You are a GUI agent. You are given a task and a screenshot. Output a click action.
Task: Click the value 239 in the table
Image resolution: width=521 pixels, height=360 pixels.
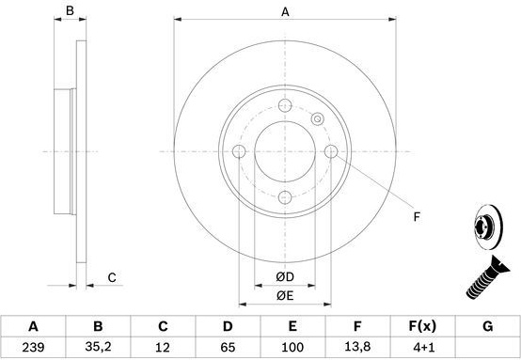[33, 348]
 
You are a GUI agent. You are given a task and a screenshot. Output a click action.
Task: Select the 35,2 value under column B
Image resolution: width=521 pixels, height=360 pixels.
[98, 347]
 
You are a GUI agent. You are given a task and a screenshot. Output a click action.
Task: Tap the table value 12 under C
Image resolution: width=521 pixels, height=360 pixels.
[163, 348]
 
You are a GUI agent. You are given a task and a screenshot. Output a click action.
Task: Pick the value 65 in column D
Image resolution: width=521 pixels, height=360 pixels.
[228, 348]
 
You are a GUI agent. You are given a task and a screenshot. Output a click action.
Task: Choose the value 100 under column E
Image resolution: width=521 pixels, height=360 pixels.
[292, 348]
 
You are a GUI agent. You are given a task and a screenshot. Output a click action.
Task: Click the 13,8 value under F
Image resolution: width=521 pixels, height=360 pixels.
[357, 347]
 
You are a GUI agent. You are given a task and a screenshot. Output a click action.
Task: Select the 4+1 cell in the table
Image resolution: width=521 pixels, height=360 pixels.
[422, 348]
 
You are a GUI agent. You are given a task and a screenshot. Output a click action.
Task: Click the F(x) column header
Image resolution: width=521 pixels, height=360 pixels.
[422, 326]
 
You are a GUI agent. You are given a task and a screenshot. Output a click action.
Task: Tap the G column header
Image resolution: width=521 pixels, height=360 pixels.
[487, 326]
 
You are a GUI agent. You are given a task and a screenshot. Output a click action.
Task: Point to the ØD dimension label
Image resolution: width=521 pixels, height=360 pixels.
[285, 276]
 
